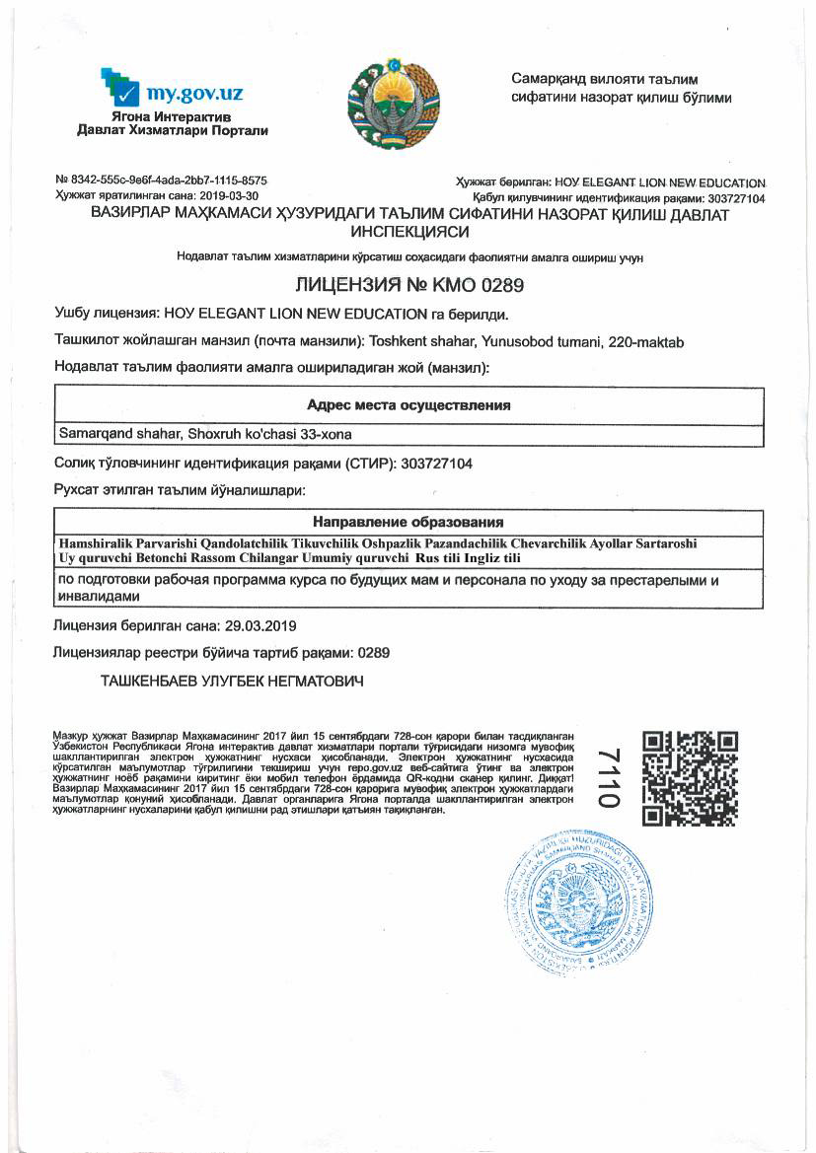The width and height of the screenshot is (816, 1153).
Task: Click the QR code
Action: click(x=690, y=778)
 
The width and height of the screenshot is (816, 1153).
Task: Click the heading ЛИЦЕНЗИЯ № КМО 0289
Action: click(x=408, y=286)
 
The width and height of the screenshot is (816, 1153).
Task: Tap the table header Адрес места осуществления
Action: click(x=408, y=405)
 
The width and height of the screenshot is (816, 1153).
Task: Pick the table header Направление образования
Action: click(x=408, y=522)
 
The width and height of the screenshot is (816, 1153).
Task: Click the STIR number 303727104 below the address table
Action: click(x=438, y=463)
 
